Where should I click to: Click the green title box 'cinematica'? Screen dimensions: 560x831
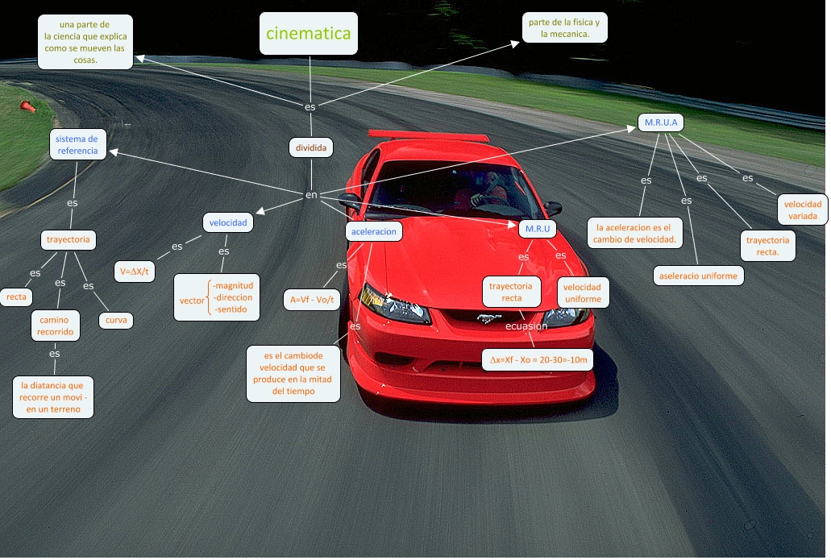click(309, 34)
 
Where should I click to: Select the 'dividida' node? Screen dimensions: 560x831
click(311, 148)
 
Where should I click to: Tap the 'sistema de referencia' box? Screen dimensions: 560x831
click(77, 145)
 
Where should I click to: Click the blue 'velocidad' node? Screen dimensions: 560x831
click(228, 222)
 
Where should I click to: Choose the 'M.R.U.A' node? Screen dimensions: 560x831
click(660, 122)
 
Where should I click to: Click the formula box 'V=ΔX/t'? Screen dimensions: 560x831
click(135, 272)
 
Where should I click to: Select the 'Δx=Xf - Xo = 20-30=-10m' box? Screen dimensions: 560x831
click(538, 359)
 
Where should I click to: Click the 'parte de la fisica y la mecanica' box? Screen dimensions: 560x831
click(564, 28)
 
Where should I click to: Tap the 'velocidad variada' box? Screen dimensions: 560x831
click(803, 210)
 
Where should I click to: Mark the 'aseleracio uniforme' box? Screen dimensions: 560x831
click(699, 276)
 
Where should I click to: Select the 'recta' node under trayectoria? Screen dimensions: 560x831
click(16, 297)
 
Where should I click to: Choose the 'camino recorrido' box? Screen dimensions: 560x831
click(56, 326)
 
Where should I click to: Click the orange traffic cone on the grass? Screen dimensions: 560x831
click(27, 106)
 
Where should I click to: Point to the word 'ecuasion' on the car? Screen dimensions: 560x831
click(526, 326)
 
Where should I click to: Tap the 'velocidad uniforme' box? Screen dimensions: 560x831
click(582, 293)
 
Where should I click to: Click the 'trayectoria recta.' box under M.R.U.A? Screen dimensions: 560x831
click(768, 246)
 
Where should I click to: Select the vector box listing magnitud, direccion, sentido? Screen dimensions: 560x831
click(218, 297)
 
